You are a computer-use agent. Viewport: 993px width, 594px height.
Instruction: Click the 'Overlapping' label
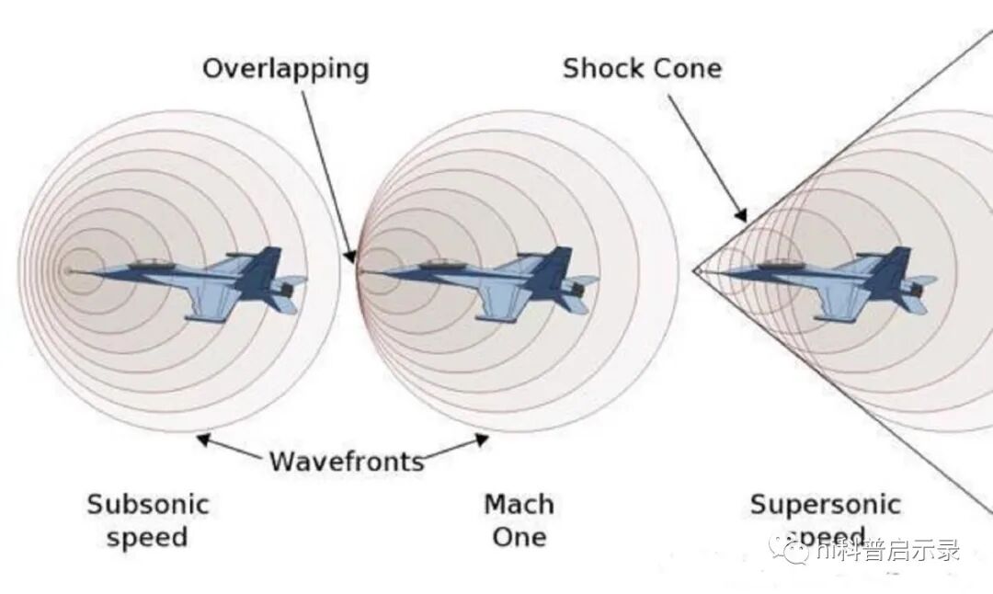(x=285, y=69)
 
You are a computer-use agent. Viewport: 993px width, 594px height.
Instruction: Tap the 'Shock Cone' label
(x=642, y=68)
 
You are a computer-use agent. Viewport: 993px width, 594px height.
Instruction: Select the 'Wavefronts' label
(x=347, y=461)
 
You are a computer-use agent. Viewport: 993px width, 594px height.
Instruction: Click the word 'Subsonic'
(x=148, y=504)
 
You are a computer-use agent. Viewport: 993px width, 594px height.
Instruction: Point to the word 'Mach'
(x=519, y=504)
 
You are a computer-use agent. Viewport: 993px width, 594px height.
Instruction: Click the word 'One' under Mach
(x=519, y=537)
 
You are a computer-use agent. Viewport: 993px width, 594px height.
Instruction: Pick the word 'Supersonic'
(x=825, y=504)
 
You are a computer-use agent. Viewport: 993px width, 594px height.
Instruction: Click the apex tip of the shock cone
(x=695, y=271)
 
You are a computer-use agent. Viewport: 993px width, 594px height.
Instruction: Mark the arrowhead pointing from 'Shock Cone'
(x=742, y=218)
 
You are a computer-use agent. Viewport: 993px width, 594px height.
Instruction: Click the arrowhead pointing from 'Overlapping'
(x=351, y=257)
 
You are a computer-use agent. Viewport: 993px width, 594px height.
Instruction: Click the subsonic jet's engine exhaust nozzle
(x=288, y=291)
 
